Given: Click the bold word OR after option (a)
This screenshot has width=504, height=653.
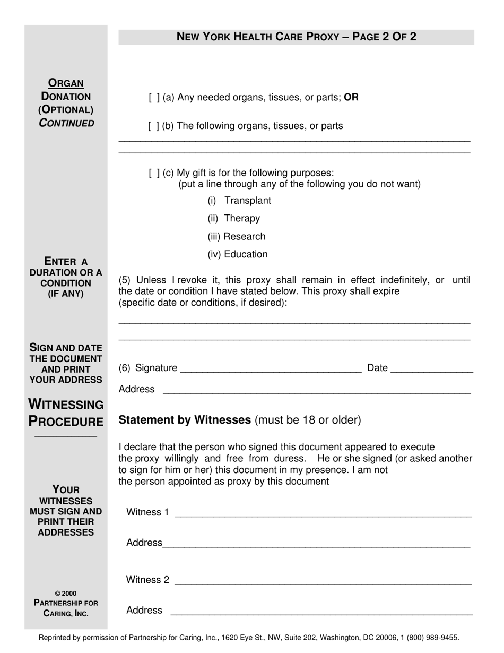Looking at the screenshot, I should click(351, 98).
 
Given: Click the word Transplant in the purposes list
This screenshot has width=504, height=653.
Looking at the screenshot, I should click(247, 201).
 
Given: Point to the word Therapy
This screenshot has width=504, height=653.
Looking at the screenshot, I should click(242, 219).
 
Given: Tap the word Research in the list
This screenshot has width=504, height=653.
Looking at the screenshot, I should click(245, 237).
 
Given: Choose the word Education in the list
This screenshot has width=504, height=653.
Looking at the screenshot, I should click(246, 255).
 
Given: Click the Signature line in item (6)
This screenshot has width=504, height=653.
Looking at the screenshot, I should click(271, 370).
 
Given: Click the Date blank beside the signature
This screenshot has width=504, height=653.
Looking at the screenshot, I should click(431, 370).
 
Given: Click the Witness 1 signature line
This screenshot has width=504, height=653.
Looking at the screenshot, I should click(323, 513).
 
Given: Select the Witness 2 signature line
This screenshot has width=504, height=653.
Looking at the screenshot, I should click(323, 581).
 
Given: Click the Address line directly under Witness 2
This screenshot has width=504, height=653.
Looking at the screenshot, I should click(321, 612).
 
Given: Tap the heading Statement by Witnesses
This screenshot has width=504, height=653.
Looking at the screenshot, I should click(185, 420).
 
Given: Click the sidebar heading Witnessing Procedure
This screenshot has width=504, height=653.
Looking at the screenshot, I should click(66, 413).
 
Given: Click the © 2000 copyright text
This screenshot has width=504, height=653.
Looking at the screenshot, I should click(66, 594).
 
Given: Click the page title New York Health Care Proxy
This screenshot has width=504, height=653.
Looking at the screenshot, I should click(296, 37).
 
